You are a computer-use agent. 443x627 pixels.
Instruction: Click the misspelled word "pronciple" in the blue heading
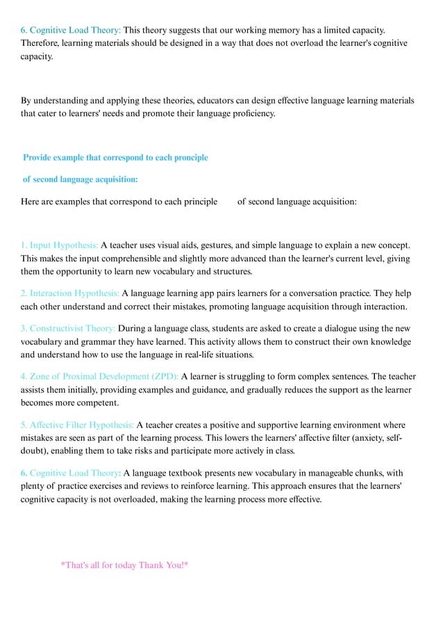(x=190, y=158)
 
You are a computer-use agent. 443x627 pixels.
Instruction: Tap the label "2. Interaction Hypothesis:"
(x=70, y=293)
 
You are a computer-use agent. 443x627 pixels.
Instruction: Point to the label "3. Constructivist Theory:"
(x=68, y=329)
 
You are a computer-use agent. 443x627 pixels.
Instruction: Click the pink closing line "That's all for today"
(x=125, y=565)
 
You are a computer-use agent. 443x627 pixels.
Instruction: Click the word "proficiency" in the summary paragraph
(x=251, y=114)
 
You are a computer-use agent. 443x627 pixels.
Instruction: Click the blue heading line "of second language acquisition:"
(x=81, y=179)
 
